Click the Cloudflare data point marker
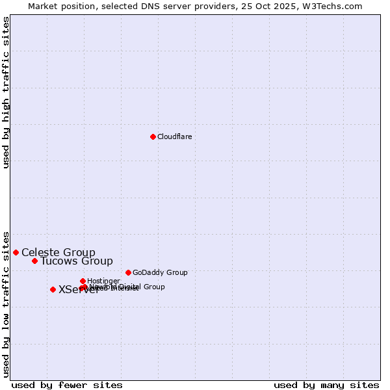(153, 136)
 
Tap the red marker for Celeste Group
(16, 252)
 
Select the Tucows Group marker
(34, 261)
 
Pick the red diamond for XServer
(53, 289)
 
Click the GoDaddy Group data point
(128, 272)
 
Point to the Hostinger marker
(83, 281)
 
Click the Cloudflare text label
(174, 136)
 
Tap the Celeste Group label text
(58, 252)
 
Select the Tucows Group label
(77, 261)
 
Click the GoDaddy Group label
(160, 272)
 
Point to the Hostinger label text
(103, 281)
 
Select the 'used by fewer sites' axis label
(67, 385)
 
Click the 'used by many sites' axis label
(326, 385)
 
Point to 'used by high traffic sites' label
(6, 92)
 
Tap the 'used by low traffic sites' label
(6, 304)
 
